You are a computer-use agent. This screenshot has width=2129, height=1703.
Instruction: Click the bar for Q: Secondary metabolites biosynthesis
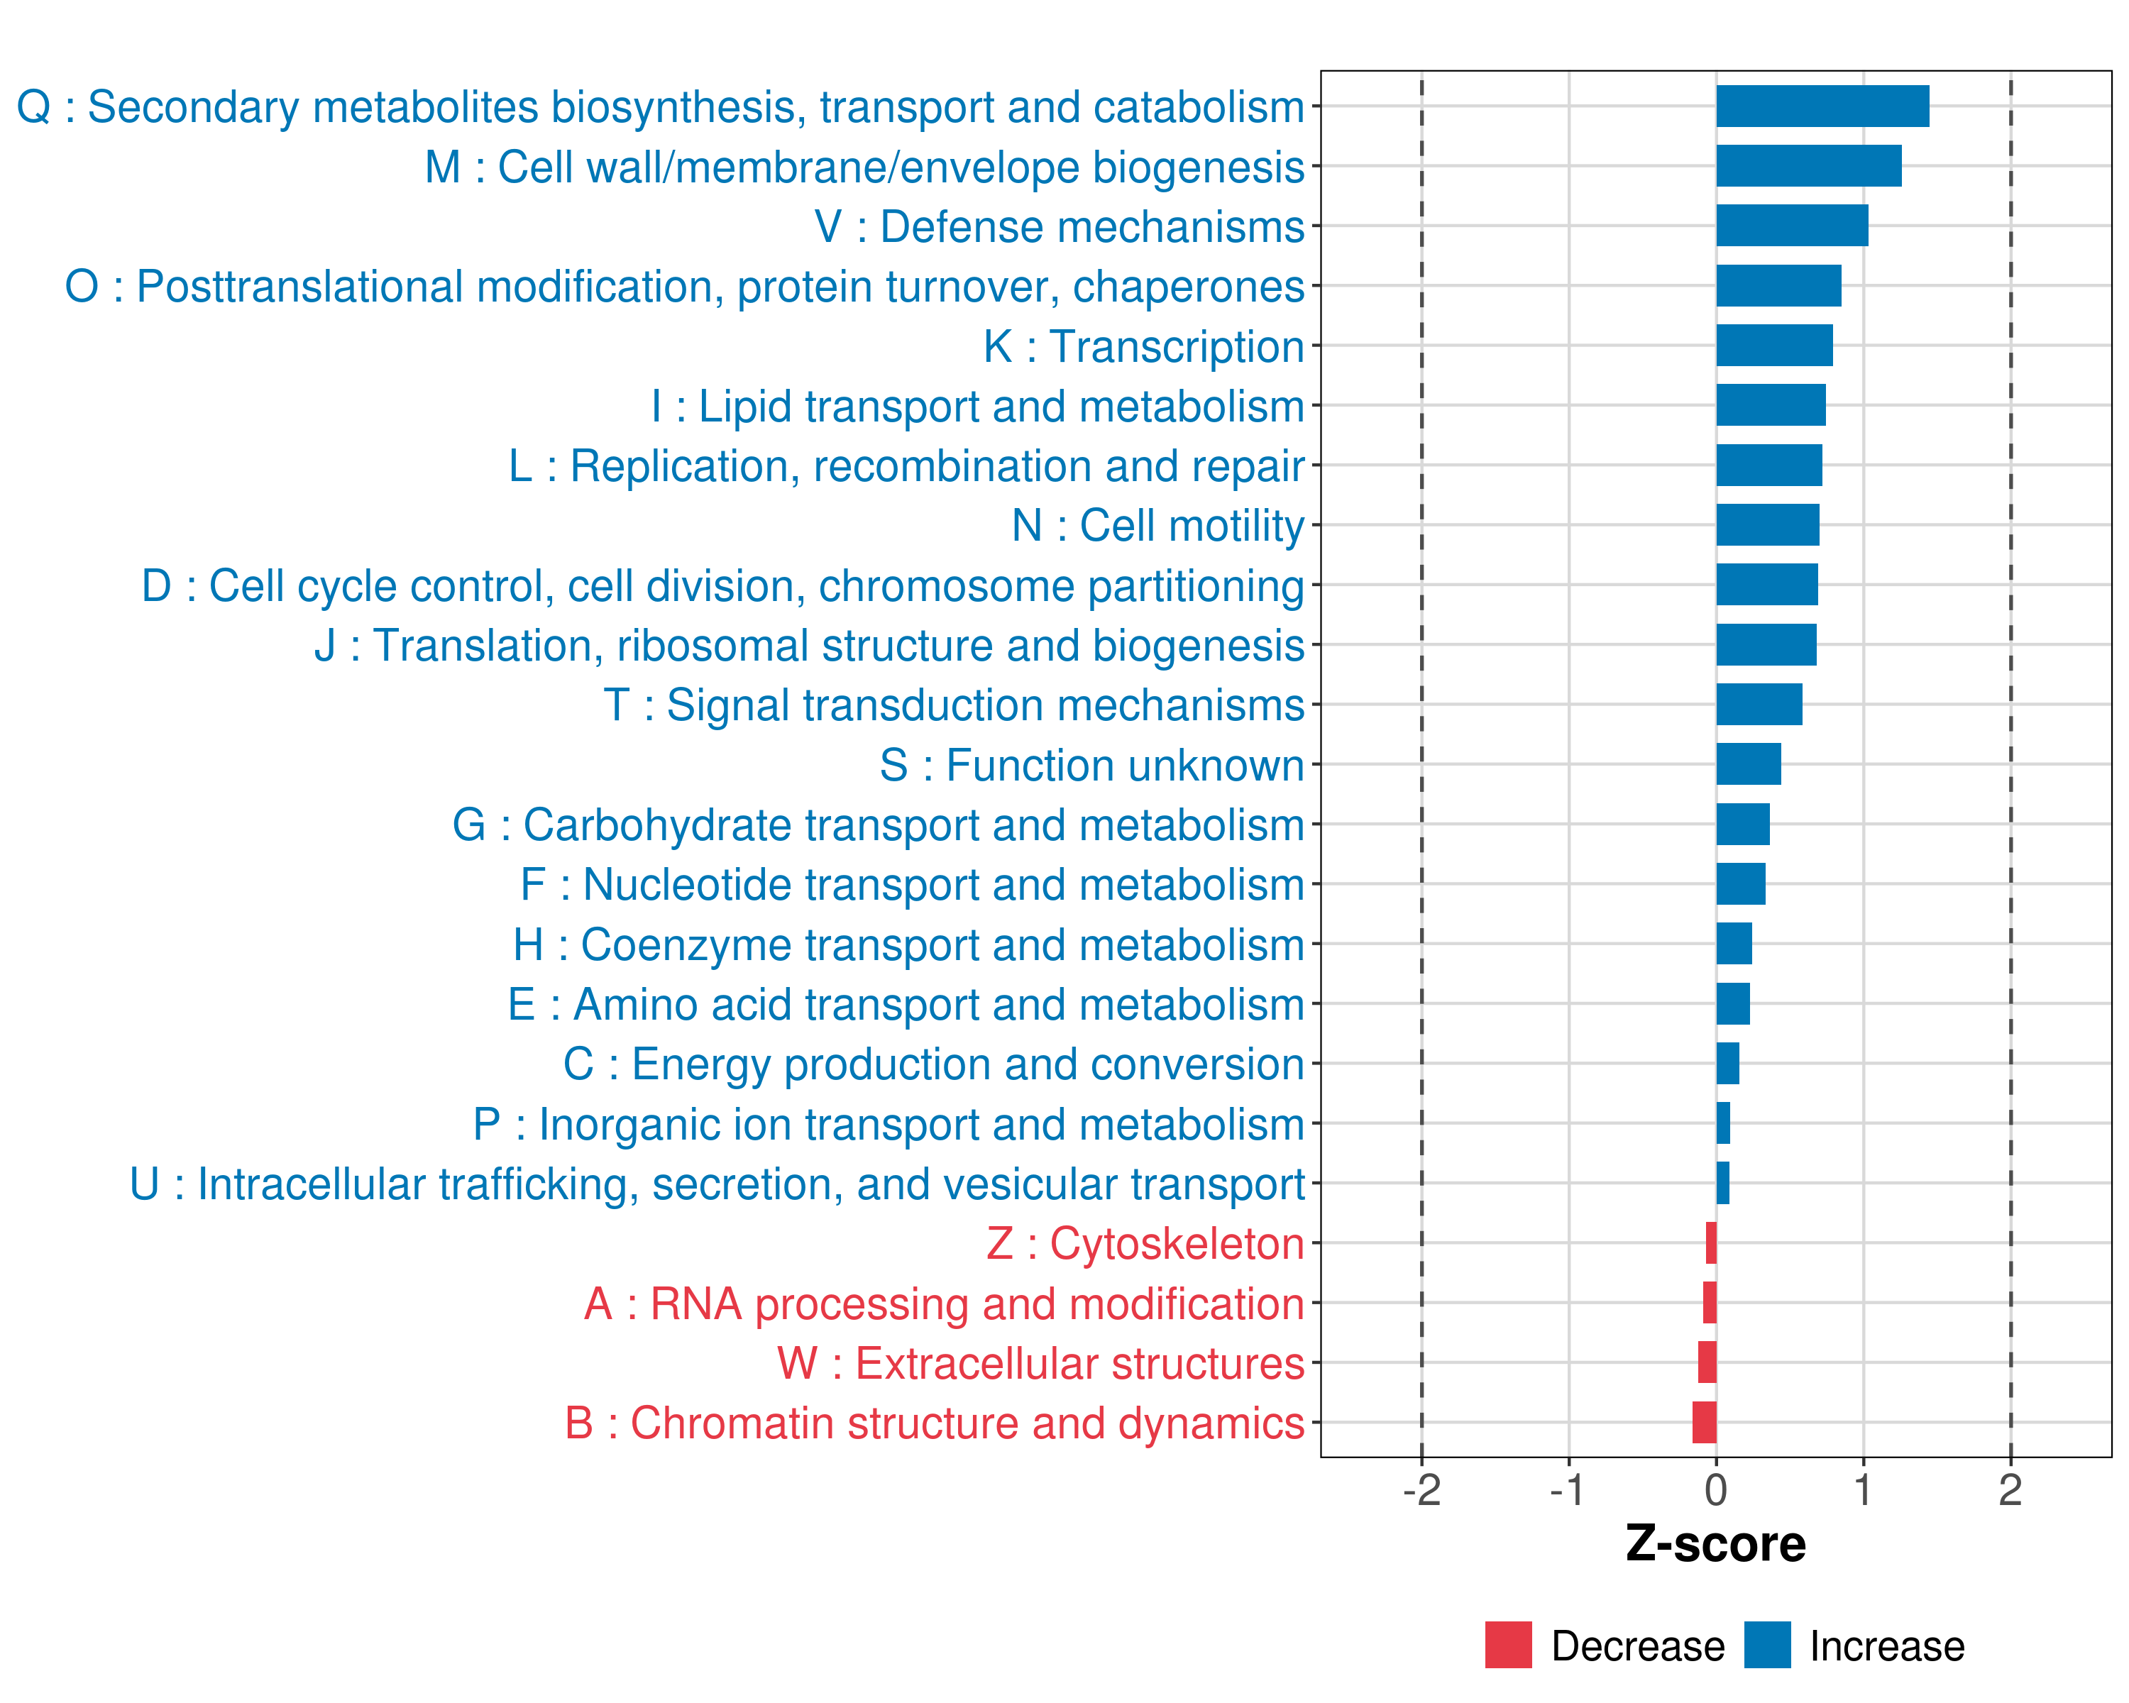[1822, 106]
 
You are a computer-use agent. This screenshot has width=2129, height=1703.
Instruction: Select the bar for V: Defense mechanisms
[1791, 226]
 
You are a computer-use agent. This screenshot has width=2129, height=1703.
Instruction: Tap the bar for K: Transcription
[1773, 346]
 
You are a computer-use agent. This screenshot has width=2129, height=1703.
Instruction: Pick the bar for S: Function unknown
[1748, 764]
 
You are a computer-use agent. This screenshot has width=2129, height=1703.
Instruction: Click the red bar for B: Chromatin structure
[1705, 1423]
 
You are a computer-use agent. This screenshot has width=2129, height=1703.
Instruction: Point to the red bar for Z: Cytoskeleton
[1711, 1243]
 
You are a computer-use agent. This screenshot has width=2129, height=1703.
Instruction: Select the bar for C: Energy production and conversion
[1727, 1063]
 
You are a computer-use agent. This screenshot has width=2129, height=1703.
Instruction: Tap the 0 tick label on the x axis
[1716, 1491]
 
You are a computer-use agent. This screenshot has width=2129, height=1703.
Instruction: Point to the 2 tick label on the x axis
[2010, 1491]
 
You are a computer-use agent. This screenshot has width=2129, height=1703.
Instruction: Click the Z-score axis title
[1716, 1544]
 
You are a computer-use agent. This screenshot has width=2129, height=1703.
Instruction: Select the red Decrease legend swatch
[1508, 1645]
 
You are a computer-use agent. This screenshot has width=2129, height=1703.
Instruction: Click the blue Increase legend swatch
[1766, 1645]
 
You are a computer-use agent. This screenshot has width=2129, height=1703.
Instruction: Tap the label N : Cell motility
[1157, 525]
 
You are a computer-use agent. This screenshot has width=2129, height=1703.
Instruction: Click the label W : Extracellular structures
[1041, 1363]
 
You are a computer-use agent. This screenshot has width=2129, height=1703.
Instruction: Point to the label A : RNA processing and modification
[944, 1304]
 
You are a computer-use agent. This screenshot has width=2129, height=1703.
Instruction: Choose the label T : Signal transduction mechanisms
[954, 705]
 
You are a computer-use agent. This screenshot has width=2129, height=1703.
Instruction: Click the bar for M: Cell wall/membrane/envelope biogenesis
[1808, 166]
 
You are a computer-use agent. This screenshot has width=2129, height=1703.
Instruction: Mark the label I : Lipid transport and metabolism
[978, 406]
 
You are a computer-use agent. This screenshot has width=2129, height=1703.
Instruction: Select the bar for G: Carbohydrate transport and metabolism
[1742, 825]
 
